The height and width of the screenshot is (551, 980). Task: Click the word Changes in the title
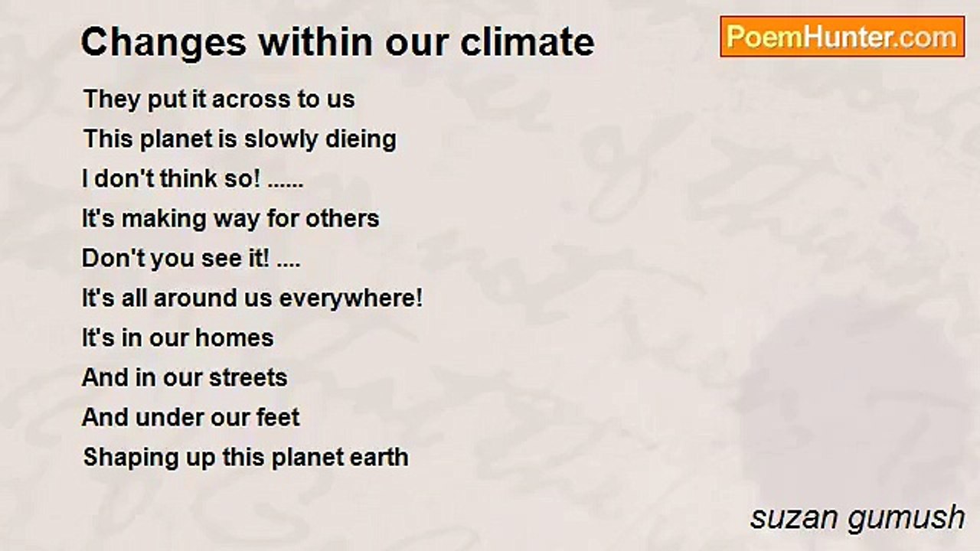164,43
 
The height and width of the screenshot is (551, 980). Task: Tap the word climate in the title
528,42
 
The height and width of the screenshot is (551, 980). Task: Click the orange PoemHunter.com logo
842,37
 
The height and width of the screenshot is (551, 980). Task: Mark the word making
164,219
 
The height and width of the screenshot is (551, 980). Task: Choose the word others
342,218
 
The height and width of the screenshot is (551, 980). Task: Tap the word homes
234,338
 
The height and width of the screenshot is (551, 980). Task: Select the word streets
248,378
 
